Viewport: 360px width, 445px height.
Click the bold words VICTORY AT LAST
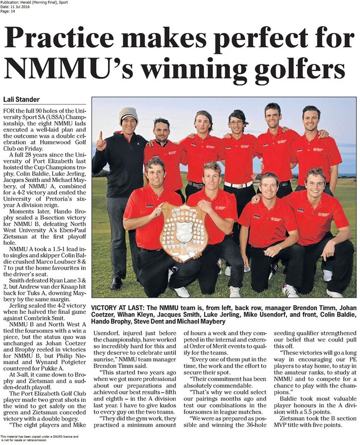[x=117, y=308]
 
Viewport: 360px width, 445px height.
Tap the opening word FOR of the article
[x=8, y=111]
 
